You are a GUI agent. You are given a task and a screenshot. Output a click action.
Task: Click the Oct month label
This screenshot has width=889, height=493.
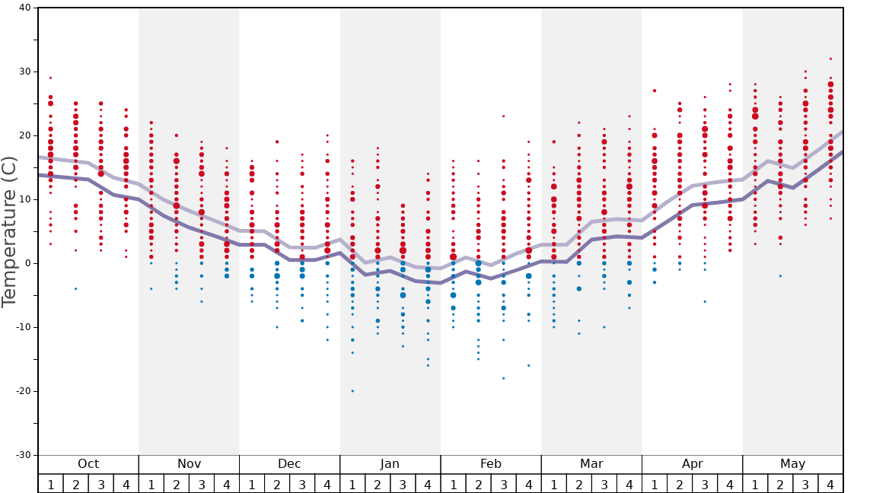click(88, 464)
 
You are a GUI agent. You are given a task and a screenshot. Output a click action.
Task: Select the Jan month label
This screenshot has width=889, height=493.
click(390, 464)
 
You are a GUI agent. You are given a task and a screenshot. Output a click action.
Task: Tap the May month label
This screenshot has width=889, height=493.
click(792, 464)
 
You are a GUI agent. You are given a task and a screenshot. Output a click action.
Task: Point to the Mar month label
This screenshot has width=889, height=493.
click(591, 464)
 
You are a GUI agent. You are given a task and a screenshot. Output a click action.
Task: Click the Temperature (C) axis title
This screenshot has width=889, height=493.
click(9, 231)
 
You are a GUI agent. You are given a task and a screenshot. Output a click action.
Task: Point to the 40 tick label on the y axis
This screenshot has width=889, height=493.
click(24, 8)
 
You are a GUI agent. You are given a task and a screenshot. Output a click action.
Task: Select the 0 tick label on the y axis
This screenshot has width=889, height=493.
click(27, 263)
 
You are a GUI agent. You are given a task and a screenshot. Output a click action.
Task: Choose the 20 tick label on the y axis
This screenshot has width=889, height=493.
click(24, 135)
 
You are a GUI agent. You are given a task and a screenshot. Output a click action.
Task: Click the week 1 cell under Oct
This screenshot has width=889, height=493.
click(50, 484)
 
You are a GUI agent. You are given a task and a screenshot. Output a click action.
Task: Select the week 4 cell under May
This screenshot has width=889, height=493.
click(830, 484)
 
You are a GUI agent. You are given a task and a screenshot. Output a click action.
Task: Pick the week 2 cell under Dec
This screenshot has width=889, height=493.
click(277, 484)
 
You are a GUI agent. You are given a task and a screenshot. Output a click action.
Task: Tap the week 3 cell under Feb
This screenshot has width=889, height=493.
click(503, 484)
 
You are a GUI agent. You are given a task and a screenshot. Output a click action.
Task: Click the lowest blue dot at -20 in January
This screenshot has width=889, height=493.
click(352, 391)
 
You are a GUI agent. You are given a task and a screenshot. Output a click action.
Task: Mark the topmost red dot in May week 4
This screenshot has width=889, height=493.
click(830, 59)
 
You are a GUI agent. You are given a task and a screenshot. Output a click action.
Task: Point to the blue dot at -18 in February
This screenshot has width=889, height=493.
click(503, 378)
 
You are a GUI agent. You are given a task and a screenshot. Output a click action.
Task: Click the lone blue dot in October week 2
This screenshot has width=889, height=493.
click(75, 288)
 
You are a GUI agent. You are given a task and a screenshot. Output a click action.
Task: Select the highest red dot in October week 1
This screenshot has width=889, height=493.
click(50, 78)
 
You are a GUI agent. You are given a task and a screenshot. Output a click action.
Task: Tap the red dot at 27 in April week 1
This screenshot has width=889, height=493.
click(654, 91)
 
